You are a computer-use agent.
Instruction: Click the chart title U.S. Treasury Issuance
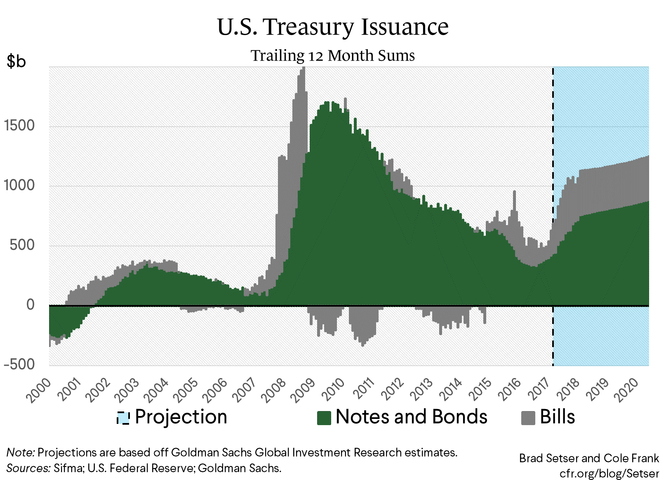coord(332,27)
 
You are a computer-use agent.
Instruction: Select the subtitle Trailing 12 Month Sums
coord(332,55)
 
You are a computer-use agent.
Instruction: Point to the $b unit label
coord(16,61)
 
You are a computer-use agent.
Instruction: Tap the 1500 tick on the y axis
coord(20,126)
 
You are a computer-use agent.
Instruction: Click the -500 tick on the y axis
coord(20,364)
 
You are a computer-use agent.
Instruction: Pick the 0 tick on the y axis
coord(31,305)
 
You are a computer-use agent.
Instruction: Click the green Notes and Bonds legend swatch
coord(324,418)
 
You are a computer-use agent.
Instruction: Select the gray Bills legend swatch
coord(528,418)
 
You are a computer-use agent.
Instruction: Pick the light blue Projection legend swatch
coord(123,418)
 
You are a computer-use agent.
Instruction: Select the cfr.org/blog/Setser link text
coord(609,473)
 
